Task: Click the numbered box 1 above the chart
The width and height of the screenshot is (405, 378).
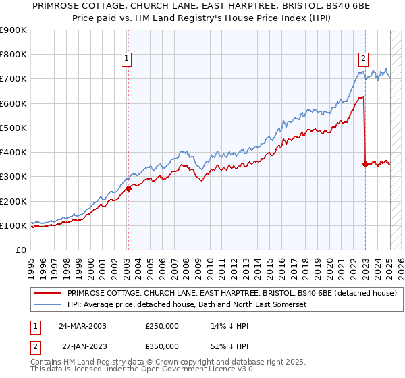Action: [x=127, y=59]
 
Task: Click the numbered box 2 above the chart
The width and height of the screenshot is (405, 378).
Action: [x=363, y=59]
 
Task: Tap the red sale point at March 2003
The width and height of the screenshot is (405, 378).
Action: [x=128, y=189]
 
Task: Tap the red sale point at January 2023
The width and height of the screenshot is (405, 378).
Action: [x=365, y=164]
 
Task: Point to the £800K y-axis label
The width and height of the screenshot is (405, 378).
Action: [x=13, y=54]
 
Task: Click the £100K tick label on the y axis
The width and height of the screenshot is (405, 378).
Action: [x=13, y=225]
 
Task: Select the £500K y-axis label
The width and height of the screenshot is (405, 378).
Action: [x=13, y=128]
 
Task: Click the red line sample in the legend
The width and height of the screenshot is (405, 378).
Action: [x=47, y=294]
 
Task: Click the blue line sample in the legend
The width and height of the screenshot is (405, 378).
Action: [x=47, y=305]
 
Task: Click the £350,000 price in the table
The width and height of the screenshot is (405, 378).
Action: [x=163, y=346]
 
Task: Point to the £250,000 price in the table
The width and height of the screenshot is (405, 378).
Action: [x=163, y=325]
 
